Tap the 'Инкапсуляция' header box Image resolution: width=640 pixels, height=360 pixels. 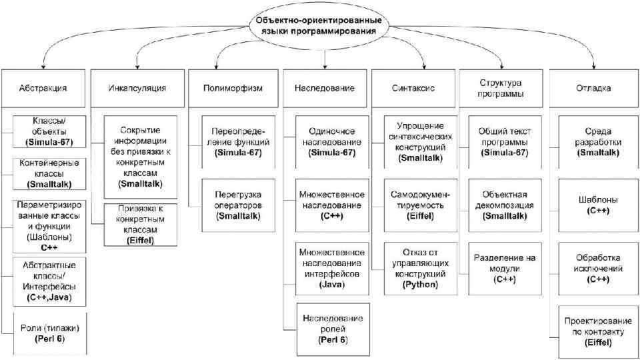click(137, 87)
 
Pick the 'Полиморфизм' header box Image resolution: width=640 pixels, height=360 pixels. click(232, 87)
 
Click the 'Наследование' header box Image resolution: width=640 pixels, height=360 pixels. click(324, 87)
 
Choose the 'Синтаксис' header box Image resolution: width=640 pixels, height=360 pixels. click(414, 87)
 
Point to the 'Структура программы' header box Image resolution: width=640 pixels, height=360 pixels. click(500, 87)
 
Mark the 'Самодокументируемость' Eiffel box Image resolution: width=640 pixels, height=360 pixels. click(420, 199)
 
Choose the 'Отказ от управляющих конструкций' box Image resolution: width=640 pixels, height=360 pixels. click(420, 268)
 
